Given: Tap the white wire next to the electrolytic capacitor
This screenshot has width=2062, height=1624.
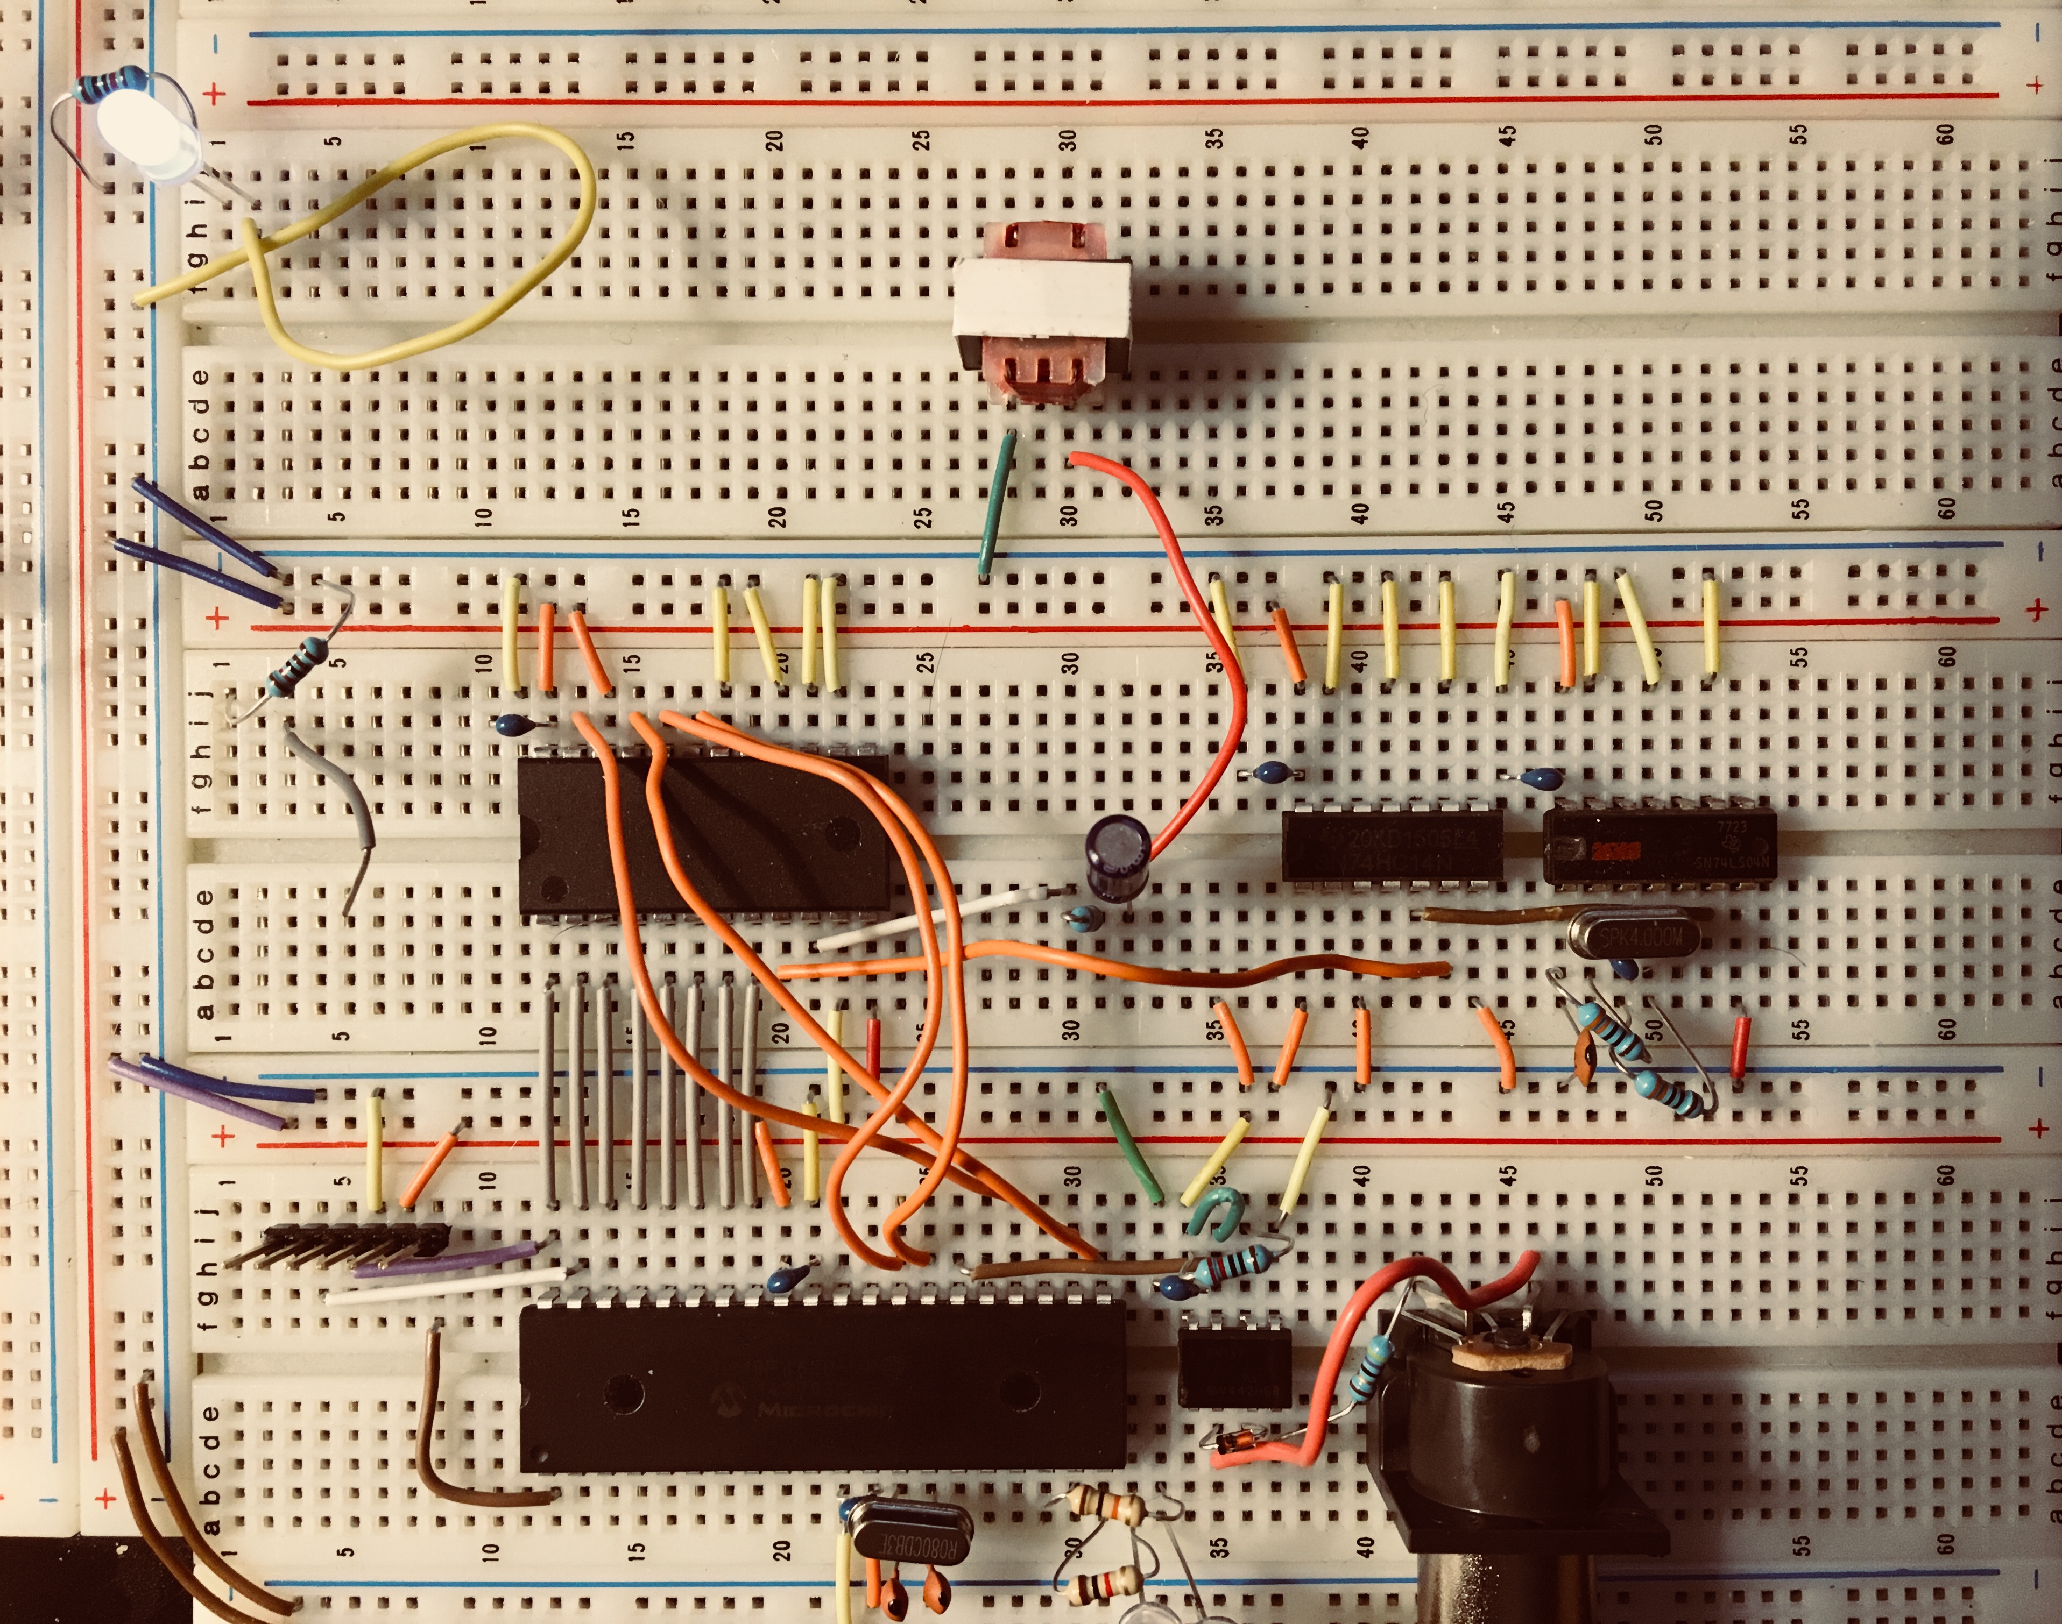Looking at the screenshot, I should (x=937, y=918).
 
